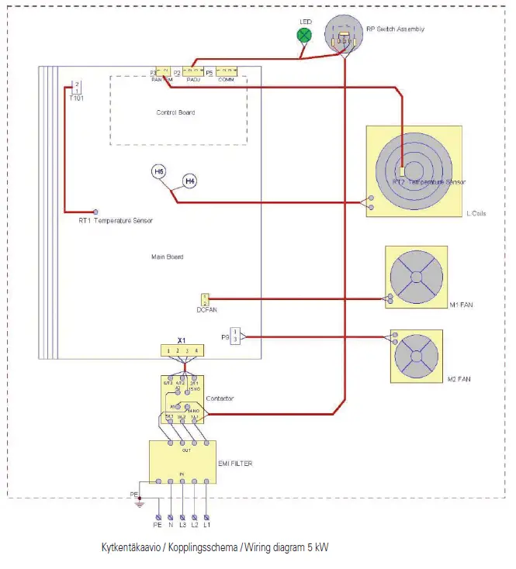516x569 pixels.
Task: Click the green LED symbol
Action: coord(305,35)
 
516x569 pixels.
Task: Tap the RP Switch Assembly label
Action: coord(395,29)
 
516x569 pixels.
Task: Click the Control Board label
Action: coord(175,112)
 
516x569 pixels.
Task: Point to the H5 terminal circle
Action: coord(158,171)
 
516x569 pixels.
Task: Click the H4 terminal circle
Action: coord(189,181)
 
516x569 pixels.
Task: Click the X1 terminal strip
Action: coord(182,351)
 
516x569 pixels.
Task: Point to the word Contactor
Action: coord(220,398)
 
